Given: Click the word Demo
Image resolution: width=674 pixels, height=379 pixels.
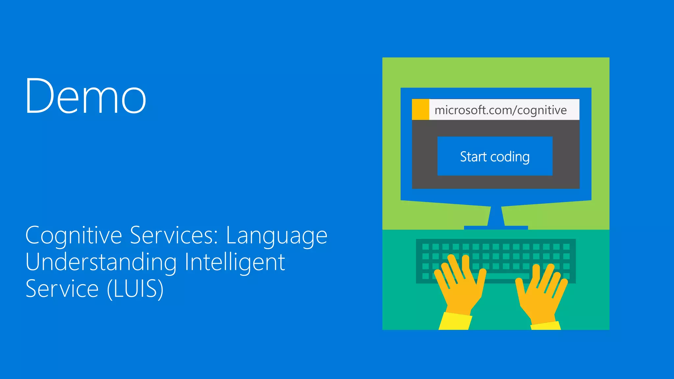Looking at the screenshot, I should point(86,96).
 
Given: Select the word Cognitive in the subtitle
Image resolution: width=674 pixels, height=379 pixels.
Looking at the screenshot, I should point(74,236).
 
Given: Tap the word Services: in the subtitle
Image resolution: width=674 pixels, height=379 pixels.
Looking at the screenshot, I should point(174,236).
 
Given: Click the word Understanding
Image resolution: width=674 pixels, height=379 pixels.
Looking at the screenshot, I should point(101,263).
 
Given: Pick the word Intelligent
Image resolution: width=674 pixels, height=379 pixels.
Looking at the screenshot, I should point(235,263).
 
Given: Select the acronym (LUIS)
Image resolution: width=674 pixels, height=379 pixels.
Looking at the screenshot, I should point(135,289).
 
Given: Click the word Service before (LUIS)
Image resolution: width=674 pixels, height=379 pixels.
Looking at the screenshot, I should point(62,289).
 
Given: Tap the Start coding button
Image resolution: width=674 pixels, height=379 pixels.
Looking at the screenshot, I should point(495,156).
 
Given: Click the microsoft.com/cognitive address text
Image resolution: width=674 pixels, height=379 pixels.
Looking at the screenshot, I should point(500,110).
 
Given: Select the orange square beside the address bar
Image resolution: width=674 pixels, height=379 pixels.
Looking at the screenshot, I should point(420,109).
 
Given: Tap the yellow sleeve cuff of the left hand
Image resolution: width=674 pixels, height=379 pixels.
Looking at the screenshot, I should point(455,321).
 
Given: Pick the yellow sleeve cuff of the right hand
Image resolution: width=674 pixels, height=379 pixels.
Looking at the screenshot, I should point(545,326).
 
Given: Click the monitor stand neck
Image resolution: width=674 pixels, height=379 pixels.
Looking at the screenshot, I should point(496,216).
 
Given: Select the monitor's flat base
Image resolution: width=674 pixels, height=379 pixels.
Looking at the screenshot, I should point(496,228).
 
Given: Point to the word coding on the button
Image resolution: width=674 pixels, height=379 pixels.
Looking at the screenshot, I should point(510,157).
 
